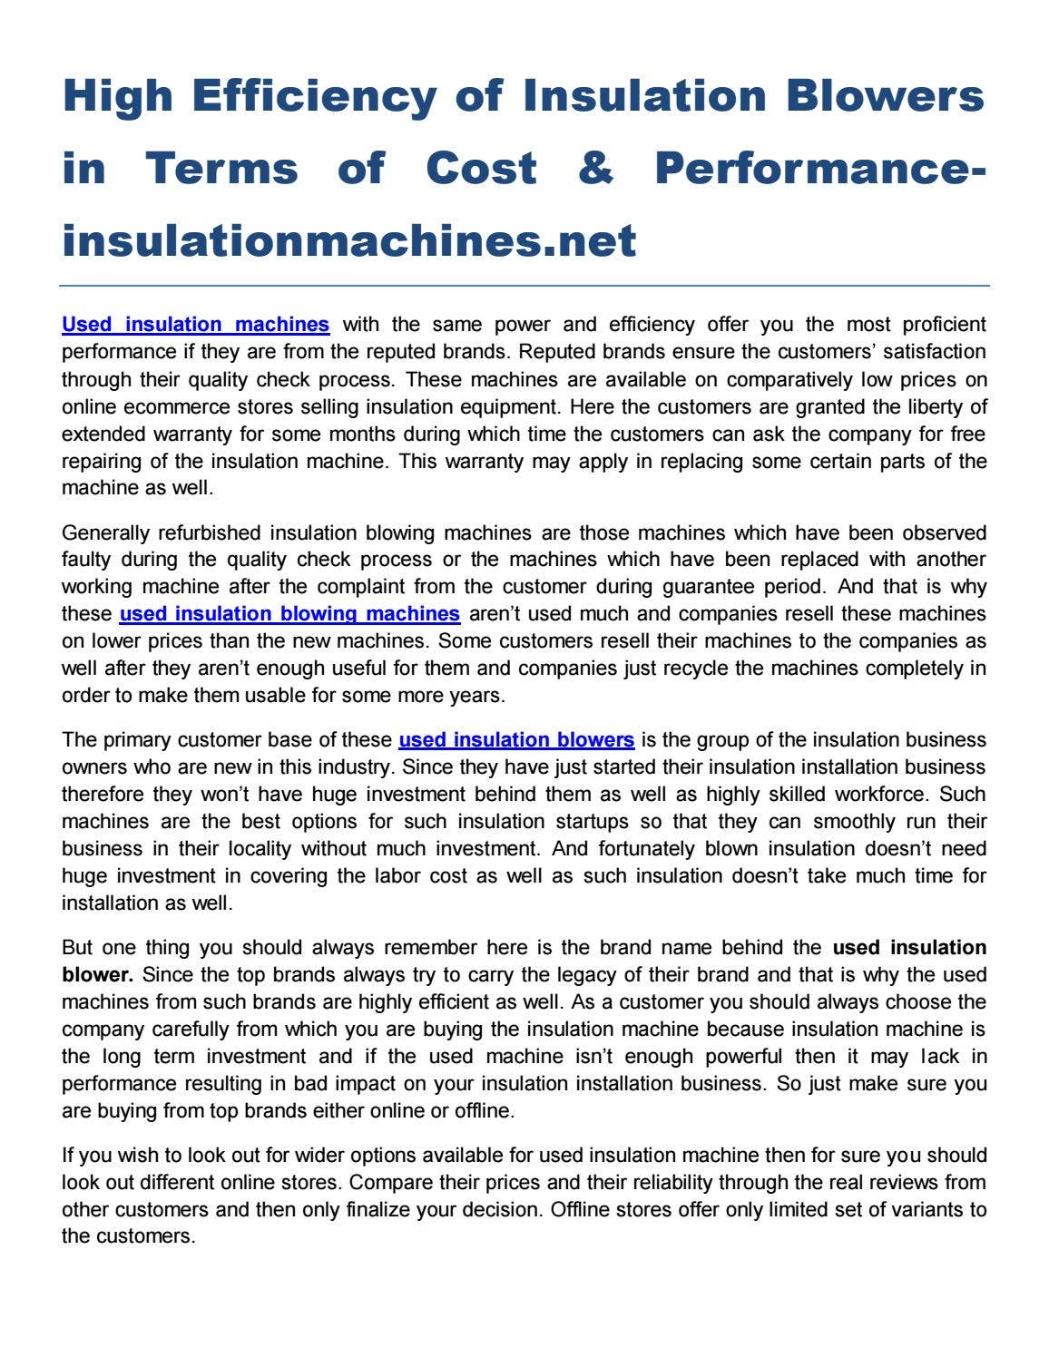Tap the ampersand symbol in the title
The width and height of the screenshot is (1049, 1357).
coord(595,168)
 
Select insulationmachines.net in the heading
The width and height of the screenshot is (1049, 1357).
coord(349,240)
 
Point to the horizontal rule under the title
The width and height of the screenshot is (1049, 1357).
coord(524,286)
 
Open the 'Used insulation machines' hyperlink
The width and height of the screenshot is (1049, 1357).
coord(195,325)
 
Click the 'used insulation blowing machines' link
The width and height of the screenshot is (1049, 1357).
coord(289,614)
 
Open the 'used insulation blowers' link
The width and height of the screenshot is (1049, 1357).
coord(516,740)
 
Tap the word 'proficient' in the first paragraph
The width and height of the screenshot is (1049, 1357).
coord(941,325)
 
